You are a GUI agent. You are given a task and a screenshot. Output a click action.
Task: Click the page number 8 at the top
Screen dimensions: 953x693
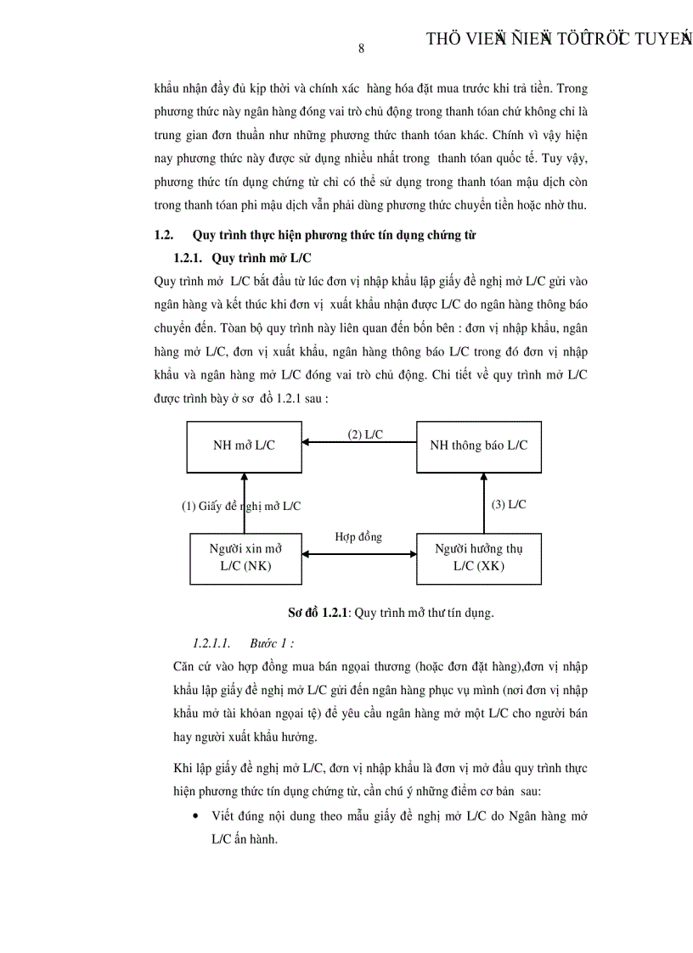click(361, 48)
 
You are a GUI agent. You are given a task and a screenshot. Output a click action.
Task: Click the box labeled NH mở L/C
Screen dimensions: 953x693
click(244, 445)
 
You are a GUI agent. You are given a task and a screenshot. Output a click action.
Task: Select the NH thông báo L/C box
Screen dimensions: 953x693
click(479, 445)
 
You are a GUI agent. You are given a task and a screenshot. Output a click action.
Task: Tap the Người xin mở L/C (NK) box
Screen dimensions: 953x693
click(245, 558)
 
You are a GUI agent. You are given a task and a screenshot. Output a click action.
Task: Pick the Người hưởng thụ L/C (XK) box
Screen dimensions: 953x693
click(479, 558)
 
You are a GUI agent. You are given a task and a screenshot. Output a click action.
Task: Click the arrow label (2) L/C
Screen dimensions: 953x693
click(365, 434)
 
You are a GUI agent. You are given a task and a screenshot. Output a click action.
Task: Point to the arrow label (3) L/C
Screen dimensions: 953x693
click(509, 504)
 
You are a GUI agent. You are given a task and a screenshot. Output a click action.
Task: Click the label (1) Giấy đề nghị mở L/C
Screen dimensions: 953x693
click(241, 506)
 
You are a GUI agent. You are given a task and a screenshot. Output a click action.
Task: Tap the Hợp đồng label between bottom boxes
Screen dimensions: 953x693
click(358, 536)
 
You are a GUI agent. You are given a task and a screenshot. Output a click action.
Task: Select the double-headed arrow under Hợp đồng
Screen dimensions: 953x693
click(359, 553)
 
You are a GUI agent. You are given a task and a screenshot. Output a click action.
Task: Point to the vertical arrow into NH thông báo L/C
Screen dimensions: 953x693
click(483, 502)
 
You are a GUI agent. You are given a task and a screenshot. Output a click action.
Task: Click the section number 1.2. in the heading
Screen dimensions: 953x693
click(163, 234)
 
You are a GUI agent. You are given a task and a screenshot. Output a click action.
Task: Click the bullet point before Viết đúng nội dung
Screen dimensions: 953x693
click(196, 816)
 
